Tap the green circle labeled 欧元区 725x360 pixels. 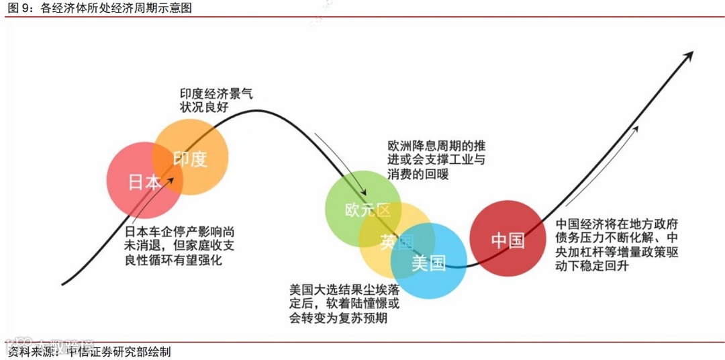[x=363, y=209]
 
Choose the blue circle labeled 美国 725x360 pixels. [x=429, y=263]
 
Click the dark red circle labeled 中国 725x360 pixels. [x=507, y=238]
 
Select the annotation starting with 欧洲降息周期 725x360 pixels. [x=435, y=159]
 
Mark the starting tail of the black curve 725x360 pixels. [x=64, y=283]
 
